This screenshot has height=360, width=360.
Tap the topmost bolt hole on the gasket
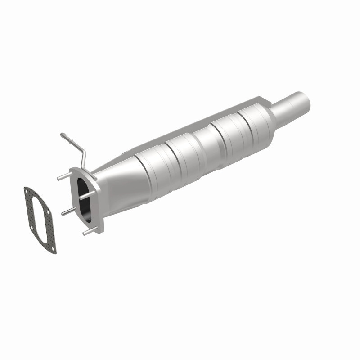[28, 193]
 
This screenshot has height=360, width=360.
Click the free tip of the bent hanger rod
[62, 134]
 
